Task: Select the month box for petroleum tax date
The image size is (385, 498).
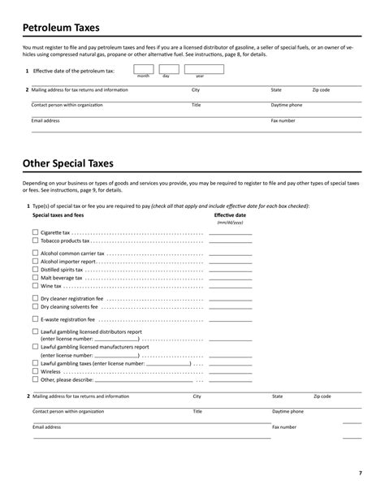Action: click(144, 69)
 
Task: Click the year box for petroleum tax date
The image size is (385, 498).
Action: click(199, 69)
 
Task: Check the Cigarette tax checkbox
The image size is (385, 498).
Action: click(35, 232)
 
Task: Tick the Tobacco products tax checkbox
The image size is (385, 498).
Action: click(35, 240)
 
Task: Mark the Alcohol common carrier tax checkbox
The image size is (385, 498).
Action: click(35, 253)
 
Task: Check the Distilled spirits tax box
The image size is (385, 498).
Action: click(35, 270)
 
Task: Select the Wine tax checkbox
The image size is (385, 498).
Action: click(35, 286)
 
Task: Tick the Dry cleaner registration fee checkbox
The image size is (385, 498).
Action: click(35, 299)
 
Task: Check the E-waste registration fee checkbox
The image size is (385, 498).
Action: click(35, 320)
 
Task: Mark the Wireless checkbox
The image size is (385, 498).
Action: click(35, 370)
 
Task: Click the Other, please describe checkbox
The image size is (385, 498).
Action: click(35, 379)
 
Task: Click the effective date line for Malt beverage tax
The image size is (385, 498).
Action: click(230, 279)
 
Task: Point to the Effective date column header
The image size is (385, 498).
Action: click(230, 215)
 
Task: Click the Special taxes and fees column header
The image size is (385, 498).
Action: click(58, 215)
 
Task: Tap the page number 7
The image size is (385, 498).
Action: click(360, 473)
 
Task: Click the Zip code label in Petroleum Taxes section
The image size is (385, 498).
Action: click(321, 90)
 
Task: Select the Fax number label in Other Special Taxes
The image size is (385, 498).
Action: click(284, 427)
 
